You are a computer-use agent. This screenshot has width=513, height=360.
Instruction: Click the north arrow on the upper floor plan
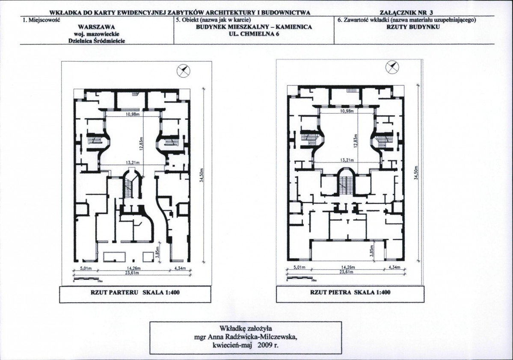[392, 68]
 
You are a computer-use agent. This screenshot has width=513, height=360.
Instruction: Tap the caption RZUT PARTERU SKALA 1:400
[135, 292]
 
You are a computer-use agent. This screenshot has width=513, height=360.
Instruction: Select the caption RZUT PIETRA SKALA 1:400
[350, 292]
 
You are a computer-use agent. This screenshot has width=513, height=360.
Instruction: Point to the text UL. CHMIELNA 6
[254, 34]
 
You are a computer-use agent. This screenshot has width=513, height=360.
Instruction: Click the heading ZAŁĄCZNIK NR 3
[406, 13]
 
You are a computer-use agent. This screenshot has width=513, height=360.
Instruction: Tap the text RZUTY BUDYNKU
[413, 27]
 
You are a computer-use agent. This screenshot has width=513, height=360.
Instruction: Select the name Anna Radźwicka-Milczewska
[252, 337]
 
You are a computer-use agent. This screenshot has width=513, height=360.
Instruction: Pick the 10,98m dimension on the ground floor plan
[133, 115]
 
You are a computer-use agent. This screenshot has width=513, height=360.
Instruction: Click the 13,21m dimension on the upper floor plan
[347, 160]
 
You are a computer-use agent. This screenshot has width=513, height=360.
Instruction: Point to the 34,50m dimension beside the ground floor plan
[202, 175]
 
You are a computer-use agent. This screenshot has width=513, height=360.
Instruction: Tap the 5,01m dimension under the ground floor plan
[85, 269]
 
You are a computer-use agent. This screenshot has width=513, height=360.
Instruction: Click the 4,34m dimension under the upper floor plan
[394, 267]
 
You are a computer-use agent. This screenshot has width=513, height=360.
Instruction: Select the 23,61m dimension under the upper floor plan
[346, 272]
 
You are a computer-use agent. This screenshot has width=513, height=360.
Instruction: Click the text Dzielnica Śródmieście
[97, 41]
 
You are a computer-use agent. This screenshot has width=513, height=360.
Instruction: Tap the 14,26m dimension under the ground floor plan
[133, 269]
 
